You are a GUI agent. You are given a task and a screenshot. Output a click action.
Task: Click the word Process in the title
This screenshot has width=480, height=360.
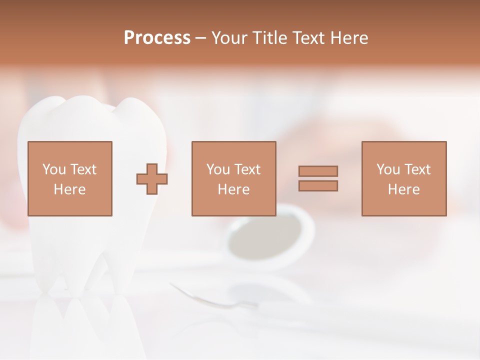(x=157, y=38)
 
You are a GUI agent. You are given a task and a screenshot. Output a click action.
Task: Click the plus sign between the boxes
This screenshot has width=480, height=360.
(x=152, y=179)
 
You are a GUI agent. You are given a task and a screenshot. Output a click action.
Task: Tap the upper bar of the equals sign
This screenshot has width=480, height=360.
(x=318, y=171)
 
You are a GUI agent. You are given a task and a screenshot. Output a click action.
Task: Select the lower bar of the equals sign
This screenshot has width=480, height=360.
(x=318, y=186)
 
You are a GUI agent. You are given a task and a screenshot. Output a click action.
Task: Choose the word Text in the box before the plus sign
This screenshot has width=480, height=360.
(x=83, y=169)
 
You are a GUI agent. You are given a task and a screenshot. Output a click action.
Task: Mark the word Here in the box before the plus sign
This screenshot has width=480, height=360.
(x=69, y=189)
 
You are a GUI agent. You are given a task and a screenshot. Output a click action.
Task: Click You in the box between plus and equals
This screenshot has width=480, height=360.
(x=218, y=169)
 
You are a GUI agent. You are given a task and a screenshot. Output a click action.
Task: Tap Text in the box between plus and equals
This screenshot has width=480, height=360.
(x=247, y=169)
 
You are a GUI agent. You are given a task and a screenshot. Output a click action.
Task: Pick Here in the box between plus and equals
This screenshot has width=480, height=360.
(x=233, y=189)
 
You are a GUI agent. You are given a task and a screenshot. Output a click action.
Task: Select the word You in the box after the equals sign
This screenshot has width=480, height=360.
(x=388, y=169)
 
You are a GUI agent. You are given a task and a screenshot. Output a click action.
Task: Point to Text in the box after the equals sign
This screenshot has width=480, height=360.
(x=417, y=169)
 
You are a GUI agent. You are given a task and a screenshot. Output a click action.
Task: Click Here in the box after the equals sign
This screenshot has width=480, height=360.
(x=403, y=189)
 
